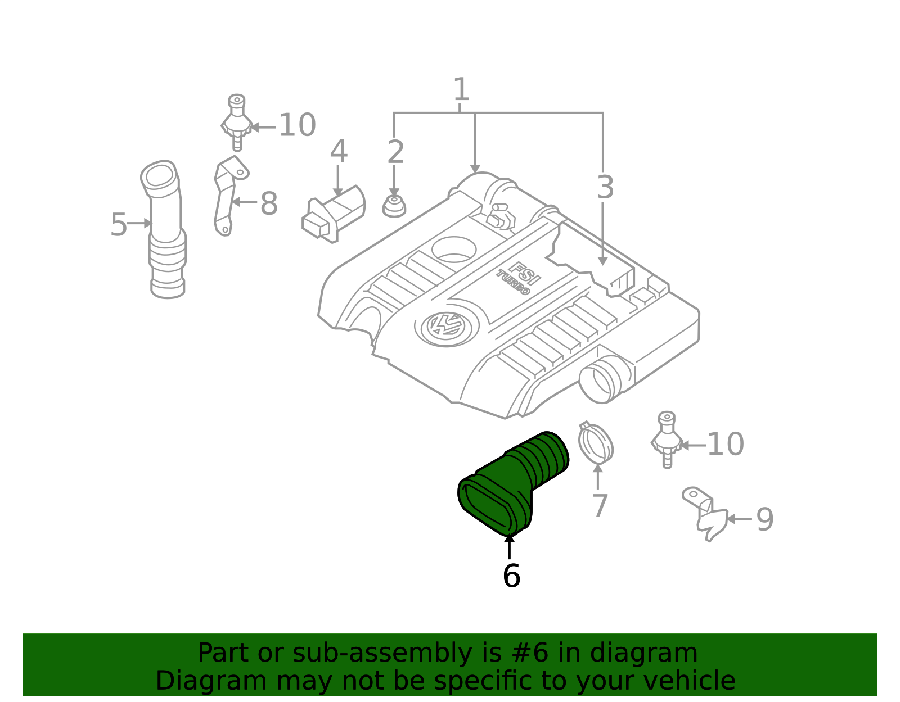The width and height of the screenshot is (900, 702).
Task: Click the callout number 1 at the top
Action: (x=461, y=89)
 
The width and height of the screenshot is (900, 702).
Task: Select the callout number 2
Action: (x=395, y=152)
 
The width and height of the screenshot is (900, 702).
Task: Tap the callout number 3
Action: (x=605, y=187)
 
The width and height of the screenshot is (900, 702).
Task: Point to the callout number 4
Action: (x=339, y=151)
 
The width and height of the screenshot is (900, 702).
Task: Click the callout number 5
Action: (x=119, y=225)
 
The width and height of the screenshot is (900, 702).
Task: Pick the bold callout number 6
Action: (x=511, y=576)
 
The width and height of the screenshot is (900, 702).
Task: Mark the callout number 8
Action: (x=269, y=203)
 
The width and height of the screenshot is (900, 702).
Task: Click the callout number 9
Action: (x=765, y=519)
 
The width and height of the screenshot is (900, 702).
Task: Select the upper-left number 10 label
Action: (x=298, y=125)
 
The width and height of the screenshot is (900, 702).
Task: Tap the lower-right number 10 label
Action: (x=726, y=444)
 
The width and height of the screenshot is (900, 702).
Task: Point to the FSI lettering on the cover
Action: (x=524, y=273)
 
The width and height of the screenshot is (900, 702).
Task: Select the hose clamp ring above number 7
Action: (x=596, y=443)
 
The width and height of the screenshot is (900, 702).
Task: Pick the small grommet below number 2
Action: (x=394, y=206)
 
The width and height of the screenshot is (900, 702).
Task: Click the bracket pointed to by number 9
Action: (x=705, y=514)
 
